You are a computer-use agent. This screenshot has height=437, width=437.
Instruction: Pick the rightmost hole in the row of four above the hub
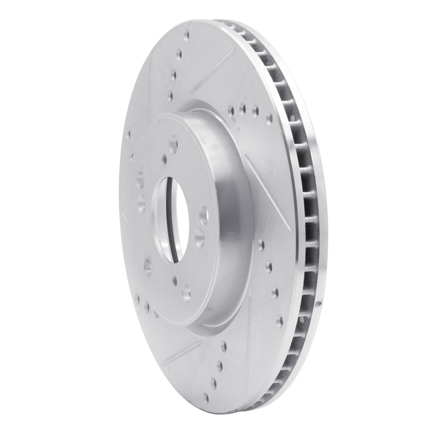[x=268, y=116]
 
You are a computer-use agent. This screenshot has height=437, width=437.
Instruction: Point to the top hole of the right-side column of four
[x=262, y=244]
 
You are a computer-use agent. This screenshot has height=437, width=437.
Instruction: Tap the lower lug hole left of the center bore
[x=147, y=267]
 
